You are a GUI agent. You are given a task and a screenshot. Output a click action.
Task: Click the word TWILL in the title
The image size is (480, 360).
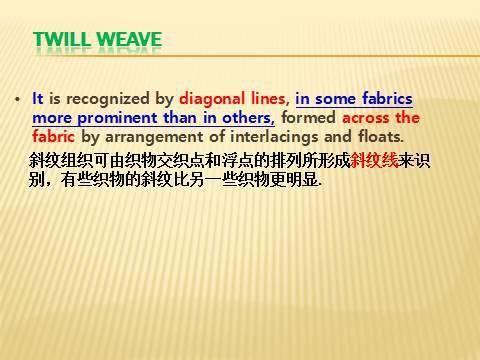(x=66, y=41)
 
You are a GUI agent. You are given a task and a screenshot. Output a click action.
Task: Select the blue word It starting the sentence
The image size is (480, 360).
(x=38, y=99)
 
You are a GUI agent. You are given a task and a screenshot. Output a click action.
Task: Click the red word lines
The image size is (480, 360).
(x=270, y=99)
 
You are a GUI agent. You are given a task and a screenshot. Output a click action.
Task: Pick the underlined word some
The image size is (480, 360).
(x=337, y=99)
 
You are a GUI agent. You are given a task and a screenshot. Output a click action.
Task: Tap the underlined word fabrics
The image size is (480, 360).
(x=387, y=99)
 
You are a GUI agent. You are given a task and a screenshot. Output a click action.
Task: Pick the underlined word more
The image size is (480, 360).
(x=52, y=117)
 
